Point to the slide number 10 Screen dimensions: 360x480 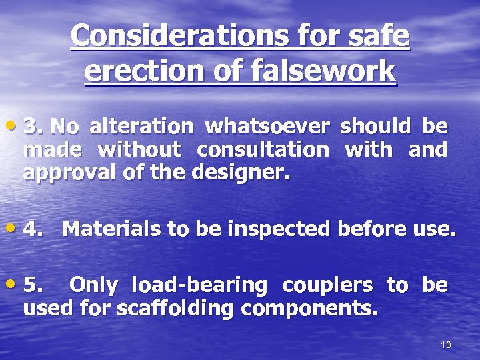coord(446,345)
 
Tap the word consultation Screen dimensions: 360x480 coord(263,149)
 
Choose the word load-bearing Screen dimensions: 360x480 coord(199,285)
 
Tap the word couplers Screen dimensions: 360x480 coord(327,285)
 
